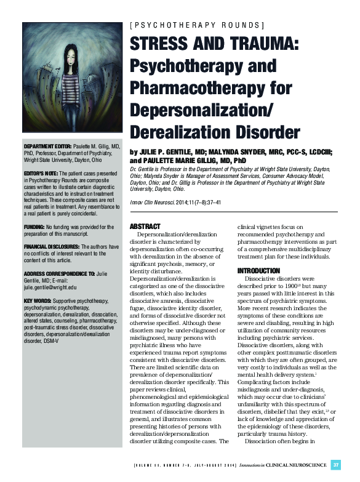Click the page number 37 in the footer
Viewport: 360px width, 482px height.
click(x=335, y=464)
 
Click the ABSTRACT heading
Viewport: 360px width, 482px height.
click(x=146, y=227)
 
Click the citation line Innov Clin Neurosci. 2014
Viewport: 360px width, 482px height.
click(x=172, y=203)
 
